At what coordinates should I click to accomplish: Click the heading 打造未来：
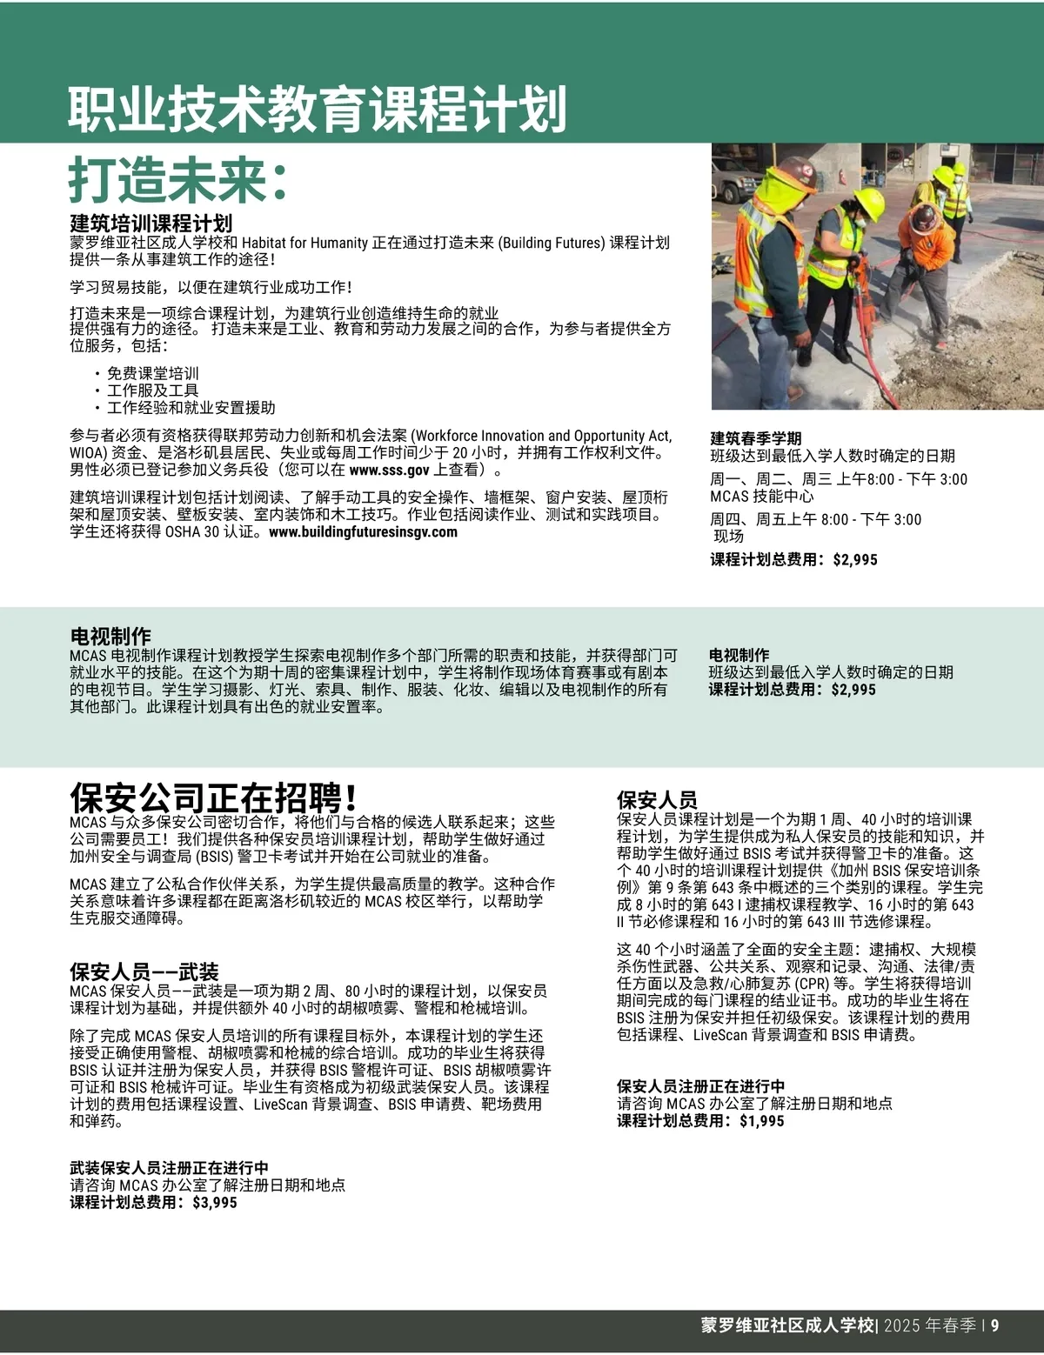click(178, 180)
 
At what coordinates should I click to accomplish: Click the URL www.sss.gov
click(389, 471)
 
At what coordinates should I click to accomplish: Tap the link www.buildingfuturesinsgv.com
click(363, 532)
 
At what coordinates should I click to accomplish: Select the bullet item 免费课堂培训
click(152, 373)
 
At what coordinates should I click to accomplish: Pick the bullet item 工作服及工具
click(152, 390)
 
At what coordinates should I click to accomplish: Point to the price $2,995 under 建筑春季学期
click(854, 559)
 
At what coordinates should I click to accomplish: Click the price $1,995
click(761, 1121)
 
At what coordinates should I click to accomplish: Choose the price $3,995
click(214, 1203)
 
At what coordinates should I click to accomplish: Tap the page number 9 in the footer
click(994, 1325)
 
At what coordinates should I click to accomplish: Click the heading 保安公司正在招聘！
click(213, 797)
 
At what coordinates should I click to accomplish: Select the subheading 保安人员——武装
click(144, 971)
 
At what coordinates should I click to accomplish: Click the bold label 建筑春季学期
click(755, 438)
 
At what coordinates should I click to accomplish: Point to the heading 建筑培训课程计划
click(151, 224)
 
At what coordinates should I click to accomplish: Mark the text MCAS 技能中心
click(761, 496)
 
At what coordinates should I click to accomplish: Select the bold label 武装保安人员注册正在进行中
click(169, 1168)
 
